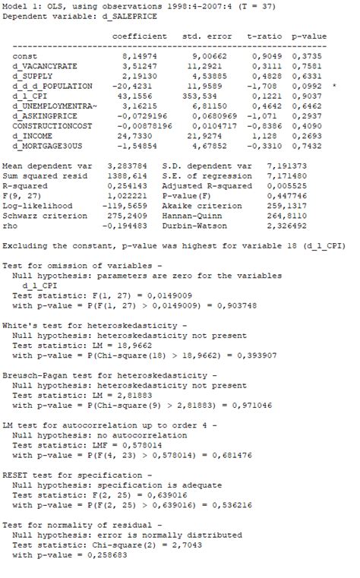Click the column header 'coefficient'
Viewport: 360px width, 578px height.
[139, 36]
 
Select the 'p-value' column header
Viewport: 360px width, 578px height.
[309, 36]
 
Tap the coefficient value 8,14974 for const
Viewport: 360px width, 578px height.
[140, 56]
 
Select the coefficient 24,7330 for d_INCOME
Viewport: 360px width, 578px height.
[143, 135]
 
